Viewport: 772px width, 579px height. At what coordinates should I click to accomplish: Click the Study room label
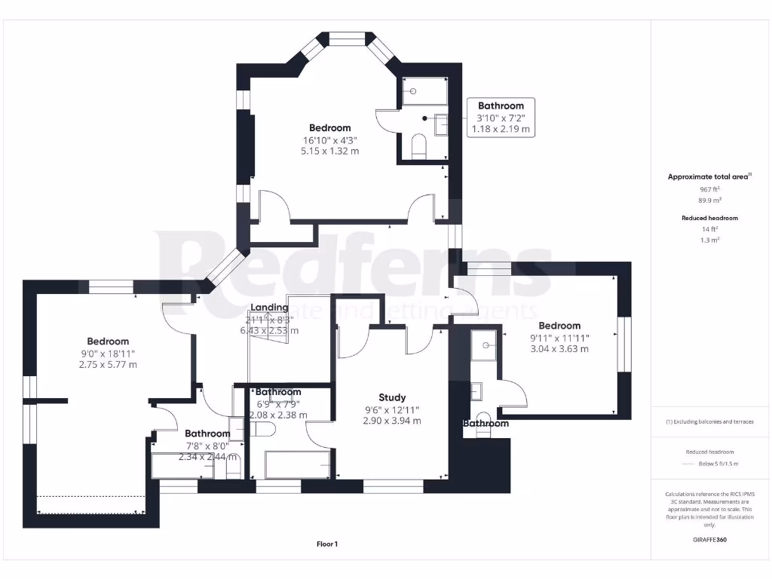coord(392,397)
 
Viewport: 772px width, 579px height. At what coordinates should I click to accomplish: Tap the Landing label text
coord(269,308)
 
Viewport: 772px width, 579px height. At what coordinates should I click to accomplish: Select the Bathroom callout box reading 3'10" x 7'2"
coord(501,117)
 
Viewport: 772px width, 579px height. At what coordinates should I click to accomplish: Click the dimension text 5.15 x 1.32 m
coord(330,151)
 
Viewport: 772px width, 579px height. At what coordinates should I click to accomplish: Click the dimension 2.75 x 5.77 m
coord(108,365)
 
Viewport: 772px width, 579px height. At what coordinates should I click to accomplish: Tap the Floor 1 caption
coord(327,544)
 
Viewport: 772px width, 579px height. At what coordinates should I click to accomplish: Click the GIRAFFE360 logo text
coord(709,540)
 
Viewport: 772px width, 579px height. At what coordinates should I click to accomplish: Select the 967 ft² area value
coord(709,190)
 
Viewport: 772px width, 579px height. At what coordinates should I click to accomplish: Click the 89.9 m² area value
coord(709,201)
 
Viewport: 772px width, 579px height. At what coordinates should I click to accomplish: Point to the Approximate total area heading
coord(708,177)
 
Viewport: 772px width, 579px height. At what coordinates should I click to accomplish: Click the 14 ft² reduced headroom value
coord(709,228)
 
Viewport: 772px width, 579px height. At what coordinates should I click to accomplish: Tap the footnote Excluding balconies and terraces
coord(709,421)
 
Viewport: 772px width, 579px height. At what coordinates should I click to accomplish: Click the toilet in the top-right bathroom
coord(420,146)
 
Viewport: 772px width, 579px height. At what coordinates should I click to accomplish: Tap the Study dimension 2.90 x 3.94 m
coord(392,421)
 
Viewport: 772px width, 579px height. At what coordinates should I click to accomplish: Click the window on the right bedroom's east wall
coord(623,345)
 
